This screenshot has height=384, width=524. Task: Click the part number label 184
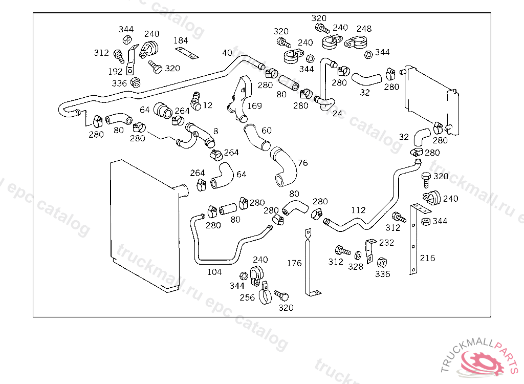pos(181,40)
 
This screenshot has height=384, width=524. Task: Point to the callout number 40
pos(227,53)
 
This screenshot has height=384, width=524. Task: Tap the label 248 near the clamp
pos(364,29)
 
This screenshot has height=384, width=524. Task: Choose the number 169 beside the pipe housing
pos(254,106)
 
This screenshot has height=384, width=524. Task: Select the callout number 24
pos(337,114)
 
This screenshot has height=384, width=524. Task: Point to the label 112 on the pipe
pos(358,210)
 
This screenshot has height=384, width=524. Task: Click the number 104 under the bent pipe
pos(214,272)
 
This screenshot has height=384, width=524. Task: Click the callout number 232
pos(386,243)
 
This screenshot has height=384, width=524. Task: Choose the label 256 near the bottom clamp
pos(247,297)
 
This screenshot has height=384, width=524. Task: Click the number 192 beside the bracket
pos(115,71)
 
